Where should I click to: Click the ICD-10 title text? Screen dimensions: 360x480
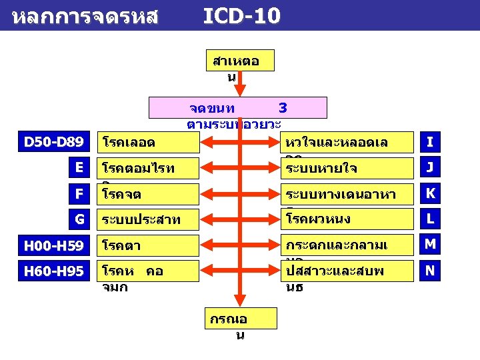[241, 15]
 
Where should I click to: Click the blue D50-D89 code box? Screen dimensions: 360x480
[53, 141]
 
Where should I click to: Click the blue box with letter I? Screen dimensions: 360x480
[430, 141]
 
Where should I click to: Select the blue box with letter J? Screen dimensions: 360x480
[430, 168]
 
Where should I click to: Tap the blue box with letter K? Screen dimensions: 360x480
[430, 193]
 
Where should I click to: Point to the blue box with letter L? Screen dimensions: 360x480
[430, 219]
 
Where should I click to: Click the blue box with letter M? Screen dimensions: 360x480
[430, 245]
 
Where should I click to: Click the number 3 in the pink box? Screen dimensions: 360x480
[283, 107]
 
